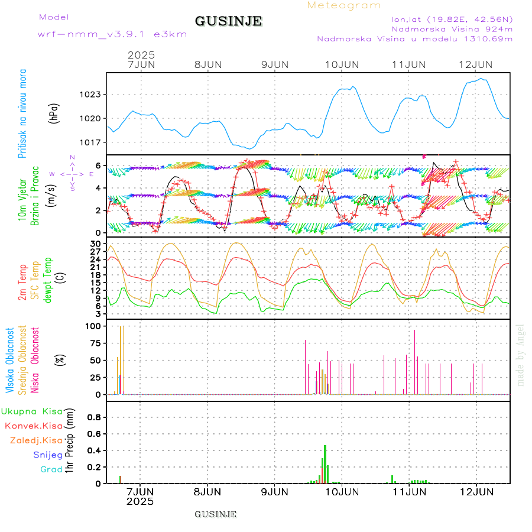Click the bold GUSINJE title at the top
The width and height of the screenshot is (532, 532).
tap(228, 21)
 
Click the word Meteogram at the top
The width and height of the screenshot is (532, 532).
tap(344, 5)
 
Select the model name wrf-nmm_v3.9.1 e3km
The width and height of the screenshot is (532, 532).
tap(112, 34)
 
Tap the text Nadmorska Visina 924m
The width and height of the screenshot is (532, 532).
tap(452, 28)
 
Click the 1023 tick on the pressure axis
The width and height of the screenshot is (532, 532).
tap(91, 94)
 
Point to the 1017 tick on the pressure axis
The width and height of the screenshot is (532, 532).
tap(91, 142)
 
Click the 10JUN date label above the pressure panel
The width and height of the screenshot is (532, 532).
tap(342, 64)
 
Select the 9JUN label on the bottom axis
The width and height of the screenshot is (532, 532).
tap(275, 492)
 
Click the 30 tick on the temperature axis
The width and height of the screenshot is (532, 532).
tap(96, 243)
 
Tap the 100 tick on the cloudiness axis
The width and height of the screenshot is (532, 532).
tap(93, 326)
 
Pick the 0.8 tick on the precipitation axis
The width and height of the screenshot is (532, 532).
tap(95, 417)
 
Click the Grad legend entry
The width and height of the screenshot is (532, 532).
tap(51, 469)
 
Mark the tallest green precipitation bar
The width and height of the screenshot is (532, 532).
tap(325, 464)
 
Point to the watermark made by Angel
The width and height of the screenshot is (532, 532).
tap(521, 355)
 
